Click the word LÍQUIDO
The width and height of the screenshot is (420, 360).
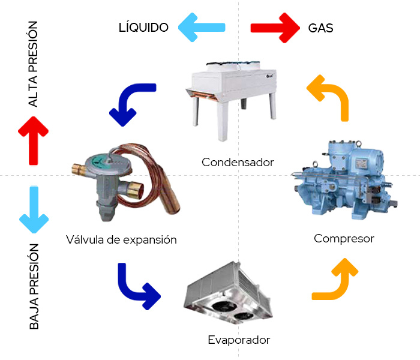(x=143, y=28)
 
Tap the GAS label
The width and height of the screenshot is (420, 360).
(x=320, y=28)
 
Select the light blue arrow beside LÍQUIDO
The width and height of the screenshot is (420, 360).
(x=202, y=27)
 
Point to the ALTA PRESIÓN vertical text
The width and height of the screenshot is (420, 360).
(x=33, y=64)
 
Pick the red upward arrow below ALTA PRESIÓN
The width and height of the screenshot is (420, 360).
(x=34, y=140)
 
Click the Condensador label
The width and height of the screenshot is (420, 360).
(x=238, y=162)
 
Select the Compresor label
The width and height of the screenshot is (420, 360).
(x=344, y=239)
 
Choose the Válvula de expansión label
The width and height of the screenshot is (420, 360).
(x=122, y=240)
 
